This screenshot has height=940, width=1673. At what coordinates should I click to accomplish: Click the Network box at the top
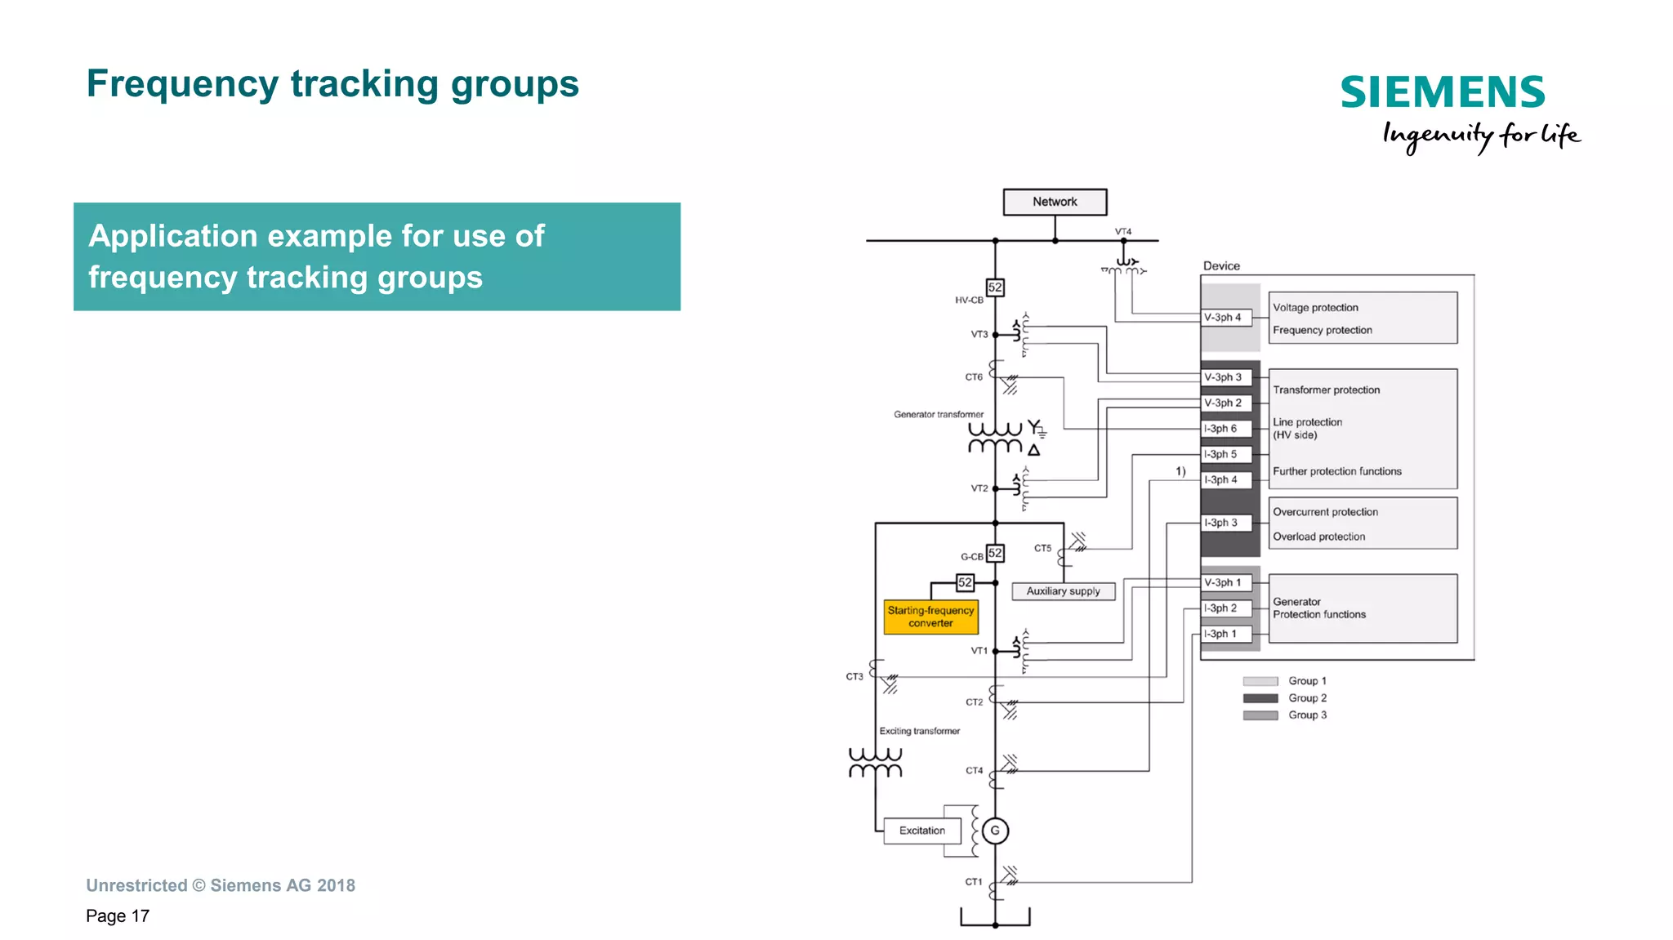(x=1055, y=202)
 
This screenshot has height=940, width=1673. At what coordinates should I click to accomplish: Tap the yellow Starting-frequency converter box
(x=930, y=617)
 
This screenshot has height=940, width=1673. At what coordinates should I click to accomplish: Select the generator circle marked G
(x=995, y=831)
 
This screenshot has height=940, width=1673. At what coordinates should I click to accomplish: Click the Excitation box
(x=922, y=831)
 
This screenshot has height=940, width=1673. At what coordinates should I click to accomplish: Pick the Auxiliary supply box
(x=1063, y=591)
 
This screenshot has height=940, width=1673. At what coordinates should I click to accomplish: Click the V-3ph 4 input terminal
(x=1225, y=318)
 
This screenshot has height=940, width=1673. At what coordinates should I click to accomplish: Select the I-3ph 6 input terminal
(x=1225, y=429)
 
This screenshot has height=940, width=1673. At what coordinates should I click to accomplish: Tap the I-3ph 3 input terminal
(x=1225, y=523)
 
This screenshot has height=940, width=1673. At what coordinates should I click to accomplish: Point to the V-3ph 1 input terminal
(x=1225, y=582)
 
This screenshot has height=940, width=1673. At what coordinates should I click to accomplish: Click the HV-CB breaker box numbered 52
(x=995, y=287)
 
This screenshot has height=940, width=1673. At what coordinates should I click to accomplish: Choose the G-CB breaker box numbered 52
(x=995, y=553)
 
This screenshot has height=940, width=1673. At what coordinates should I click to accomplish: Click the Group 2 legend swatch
(x=1260, y=698)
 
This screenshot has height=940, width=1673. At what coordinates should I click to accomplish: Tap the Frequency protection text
(x=1322, y=330)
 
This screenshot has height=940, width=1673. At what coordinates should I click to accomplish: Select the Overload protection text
(x=1318, y=537)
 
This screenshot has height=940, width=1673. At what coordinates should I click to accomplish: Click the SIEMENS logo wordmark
(x=1443, y=92)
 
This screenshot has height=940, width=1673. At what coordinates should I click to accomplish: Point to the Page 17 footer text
(x=118, y=916)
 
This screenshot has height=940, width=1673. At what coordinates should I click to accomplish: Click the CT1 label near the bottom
(x=974, y=882)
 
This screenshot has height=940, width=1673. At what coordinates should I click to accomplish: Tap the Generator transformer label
(x=939, y=415)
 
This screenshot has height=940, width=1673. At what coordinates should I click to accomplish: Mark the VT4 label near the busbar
(x=1123, y=232)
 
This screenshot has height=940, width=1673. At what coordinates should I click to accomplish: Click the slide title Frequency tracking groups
(x=332, y=84)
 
